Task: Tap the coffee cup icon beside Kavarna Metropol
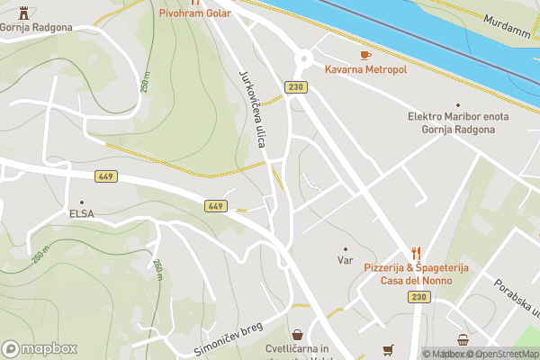point(364,56)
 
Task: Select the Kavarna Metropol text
point(366,69)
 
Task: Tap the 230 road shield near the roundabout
point(294,87)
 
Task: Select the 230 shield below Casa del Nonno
point(417,296)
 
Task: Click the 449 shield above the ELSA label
point(106,176)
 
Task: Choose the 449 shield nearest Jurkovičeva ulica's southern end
point(215,206)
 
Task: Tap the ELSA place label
point(82,214)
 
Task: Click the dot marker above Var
point(345,248)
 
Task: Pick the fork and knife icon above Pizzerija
point(416,254)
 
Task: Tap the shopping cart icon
point(388,349)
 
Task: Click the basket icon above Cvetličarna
point(297,335)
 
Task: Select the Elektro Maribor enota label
point(459,117)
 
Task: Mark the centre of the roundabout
point(304,58)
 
